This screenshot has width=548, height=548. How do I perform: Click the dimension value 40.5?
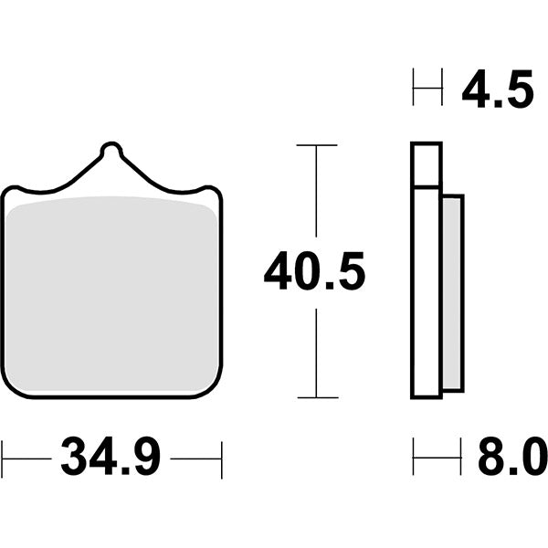pos(314,272)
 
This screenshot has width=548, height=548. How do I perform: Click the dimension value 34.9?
pos(111,457)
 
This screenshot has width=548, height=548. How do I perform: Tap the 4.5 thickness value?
pos(497,90)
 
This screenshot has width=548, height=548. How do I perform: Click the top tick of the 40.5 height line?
pos(317,145)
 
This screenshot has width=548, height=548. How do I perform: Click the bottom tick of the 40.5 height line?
pos(317,397)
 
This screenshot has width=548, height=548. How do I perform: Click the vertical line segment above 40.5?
pos(317,192)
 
